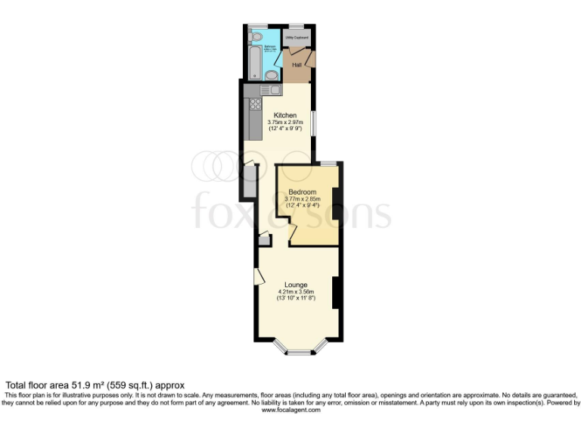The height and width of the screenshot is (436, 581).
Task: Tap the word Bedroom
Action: [303, 192]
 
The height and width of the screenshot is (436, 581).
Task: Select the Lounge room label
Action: [296, 285]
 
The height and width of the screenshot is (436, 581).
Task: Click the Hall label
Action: [298, 65]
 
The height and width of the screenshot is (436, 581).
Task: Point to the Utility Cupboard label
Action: [297, 37]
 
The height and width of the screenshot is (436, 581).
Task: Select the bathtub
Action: [254, 62]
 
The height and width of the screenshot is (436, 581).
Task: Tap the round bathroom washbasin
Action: [272, 74]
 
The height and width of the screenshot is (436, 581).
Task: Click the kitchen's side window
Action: [313, 123]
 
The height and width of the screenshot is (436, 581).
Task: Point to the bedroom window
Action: [328, 163]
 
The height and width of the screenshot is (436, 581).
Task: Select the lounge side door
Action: [257, 276]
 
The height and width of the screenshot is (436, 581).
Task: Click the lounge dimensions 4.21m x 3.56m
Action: [296, 292]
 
